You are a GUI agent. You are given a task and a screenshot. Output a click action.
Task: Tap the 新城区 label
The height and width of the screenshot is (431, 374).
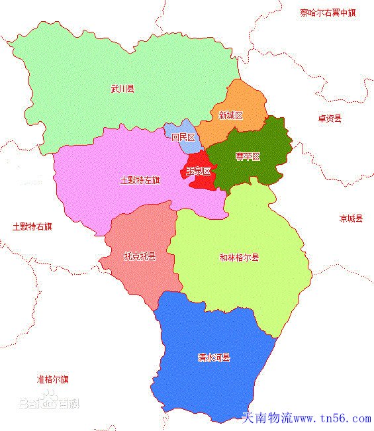point(230,115)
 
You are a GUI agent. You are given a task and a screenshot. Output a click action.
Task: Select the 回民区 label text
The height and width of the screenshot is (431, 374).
point(183,138)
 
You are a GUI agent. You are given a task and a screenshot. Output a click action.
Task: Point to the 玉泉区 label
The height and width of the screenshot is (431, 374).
point(198,171)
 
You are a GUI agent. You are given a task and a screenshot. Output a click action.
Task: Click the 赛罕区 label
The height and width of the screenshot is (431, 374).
point(248,157)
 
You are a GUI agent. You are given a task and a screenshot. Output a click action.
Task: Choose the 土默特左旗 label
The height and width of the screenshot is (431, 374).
point(140,180)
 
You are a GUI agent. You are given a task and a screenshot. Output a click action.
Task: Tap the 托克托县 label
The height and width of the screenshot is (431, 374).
point(140,256)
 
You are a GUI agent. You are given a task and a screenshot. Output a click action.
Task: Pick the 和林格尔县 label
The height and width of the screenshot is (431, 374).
point(239,258)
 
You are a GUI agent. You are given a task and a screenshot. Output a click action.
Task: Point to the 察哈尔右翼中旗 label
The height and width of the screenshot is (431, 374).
point(327,12)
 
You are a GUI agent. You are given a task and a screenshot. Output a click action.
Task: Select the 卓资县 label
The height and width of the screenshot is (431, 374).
point(329,119)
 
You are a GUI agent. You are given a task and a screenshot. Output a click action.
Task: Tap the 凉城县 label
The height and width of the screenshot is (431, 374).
point(351,218)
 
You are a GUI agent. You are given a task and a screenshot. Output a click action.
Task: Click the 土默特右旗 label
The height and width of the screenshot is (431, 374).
point(32,226)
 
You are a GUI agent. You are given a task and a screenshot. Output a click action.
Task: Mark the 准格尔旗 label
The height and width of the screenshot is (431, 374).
point(53,379)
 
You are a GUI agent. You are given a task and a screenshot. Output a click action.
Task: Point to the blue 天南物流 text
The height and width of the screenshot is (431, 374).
point(267,419)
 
